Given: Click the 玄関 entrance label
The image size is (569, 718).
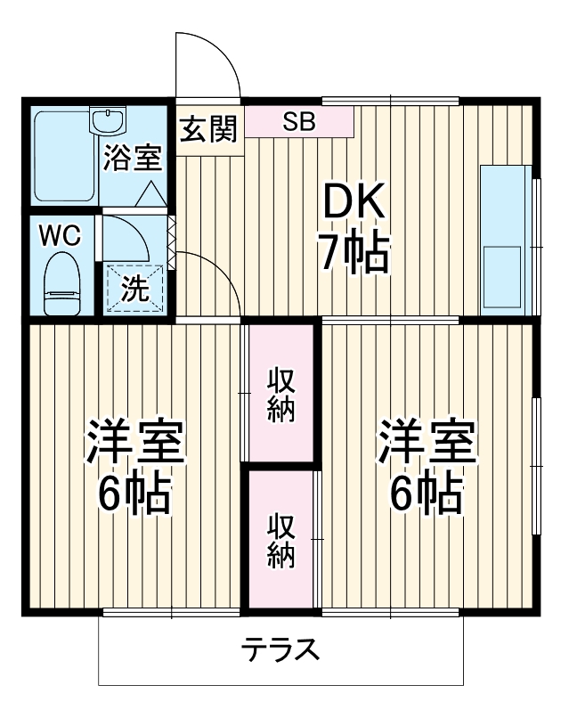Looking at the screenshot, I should point(209,129).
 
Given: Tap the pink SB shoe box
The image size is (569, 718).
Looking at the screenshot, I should point(299,122).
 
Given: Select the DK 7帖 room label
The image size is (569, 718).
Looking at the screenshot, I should point(354,231).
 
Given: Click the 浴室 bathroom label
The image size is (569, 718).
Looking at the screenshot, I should point(132,159).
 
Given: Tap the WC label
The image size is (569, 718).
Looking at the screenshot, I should point(59,236).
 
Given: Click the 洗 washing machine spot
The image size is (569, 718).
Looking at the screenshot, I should point(134,288).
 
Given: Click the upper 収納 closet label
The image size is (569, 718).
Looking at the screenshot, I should point(282,394).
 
